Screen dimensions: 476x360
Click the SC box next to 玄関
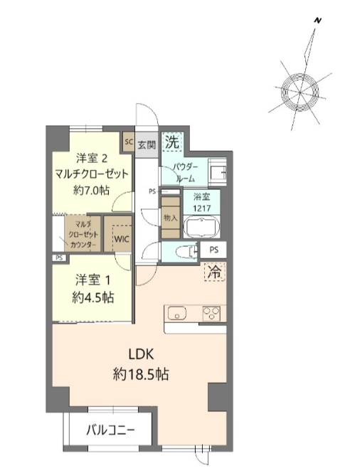(x=129, y=141)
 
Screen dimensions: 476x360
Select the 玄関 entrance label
(x=147, y=142)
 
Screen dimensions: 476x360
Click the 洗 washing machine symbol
(x=172, y=142)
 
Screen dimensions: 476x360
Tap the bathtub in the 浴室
(x=203, y=228)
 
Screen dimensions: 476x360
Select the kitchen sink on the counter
(x=176, y=313)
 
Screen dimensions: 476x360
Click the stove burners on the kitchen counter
(x=212, y=313)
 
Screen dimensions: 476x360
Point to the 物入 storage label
(x=170, y=218)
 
